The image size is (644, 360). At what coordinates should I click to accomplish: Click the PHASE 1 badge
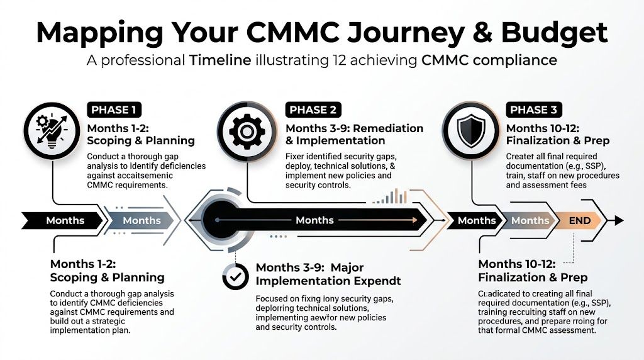click(113, 110)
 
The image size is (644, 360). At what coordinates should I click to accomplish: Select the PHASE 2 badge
click(313, 110)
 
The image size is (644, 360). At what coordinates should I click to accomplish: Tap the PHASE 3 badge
click(533, 110)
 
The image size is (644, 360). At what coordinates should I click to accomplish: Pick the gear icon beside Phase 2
click(245, 132)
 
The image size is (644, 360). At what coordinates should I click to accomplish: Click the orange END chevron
click(579, 220)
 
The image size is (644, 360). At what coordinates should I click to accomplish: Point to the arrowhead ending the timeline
click(619, 220)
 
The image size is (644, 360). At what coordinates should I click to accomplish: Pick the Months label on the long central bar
click(314, 220)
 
